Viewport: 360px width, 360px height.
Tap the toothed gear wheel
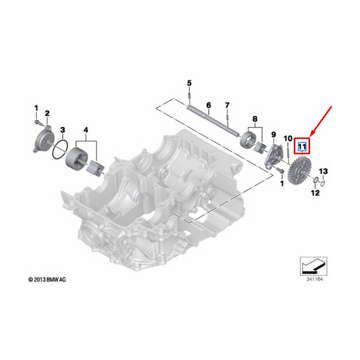[x=298, y=176]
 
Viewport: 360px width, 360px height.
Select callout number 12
[x=314, y=193]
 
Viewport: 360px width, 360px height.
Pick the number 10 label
[x=287, y=138]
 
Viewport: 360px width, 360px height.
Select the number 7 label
[x=227, y=105]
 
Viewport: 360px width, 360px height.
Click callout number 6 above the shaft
[x=209, y=106]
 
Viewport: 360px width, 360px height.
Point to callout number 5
[x=188, y=83]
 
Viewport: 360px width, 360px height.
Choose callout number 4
[x=86, y=128]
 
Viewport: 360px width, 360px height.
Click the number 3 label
[x=62, y=128]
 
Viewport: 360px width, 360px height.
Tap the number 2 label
[x=47, y=112]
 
